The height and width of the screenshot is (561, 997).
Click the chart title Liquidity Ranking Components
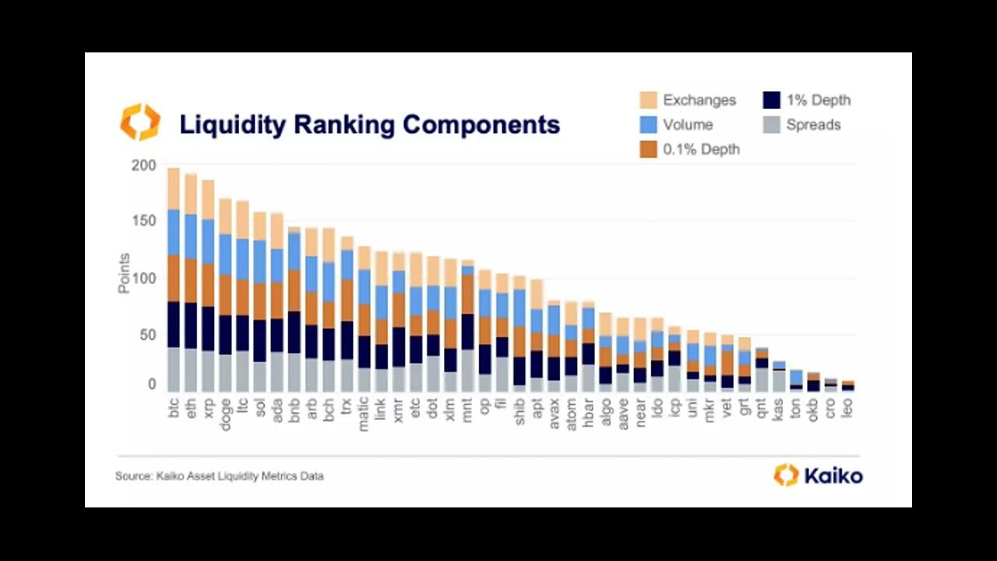point(369,125)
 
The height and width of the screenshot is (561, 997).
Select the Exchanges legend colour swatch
point(648,100)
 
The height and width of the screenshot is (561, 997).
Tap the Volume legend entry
point(688,125)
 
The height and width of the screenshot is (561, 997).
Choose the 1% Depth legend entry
point(818,100)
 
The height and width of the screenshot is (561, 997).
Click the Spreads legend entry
point(813,125)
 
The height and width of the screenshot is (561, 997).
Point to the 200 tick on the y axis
point(144,165)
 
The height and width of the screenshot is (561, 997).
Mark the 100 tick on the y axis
point(144,278)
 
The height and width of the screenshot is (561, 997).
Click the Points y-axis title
point(124,273)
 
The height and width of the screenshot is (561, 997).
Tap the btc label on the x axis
point(174,408)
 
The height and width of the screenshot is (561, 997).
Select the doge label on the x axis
point(225,410)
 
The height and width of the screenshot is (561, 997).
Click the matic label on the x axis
point(363,412)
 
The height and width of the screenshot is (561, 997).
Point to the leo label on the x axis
point(847,408)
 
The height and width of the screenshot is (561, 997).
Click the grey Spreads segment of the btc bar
point(174,369)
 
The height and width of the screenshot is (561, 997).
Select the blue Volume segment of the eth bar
point(191,236)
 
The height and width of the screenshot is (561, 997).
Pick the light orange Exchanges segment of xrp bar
point(208,199)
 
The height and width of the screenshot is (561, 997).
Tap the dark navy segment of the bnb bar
point(294,332)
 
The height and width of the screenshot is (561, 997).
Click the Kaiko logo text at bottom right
point(833,475)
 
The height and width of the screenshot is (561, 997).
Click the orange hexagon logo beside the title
point(140,123)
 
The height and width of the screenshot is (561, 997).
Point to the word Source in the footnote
point(132,476)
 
